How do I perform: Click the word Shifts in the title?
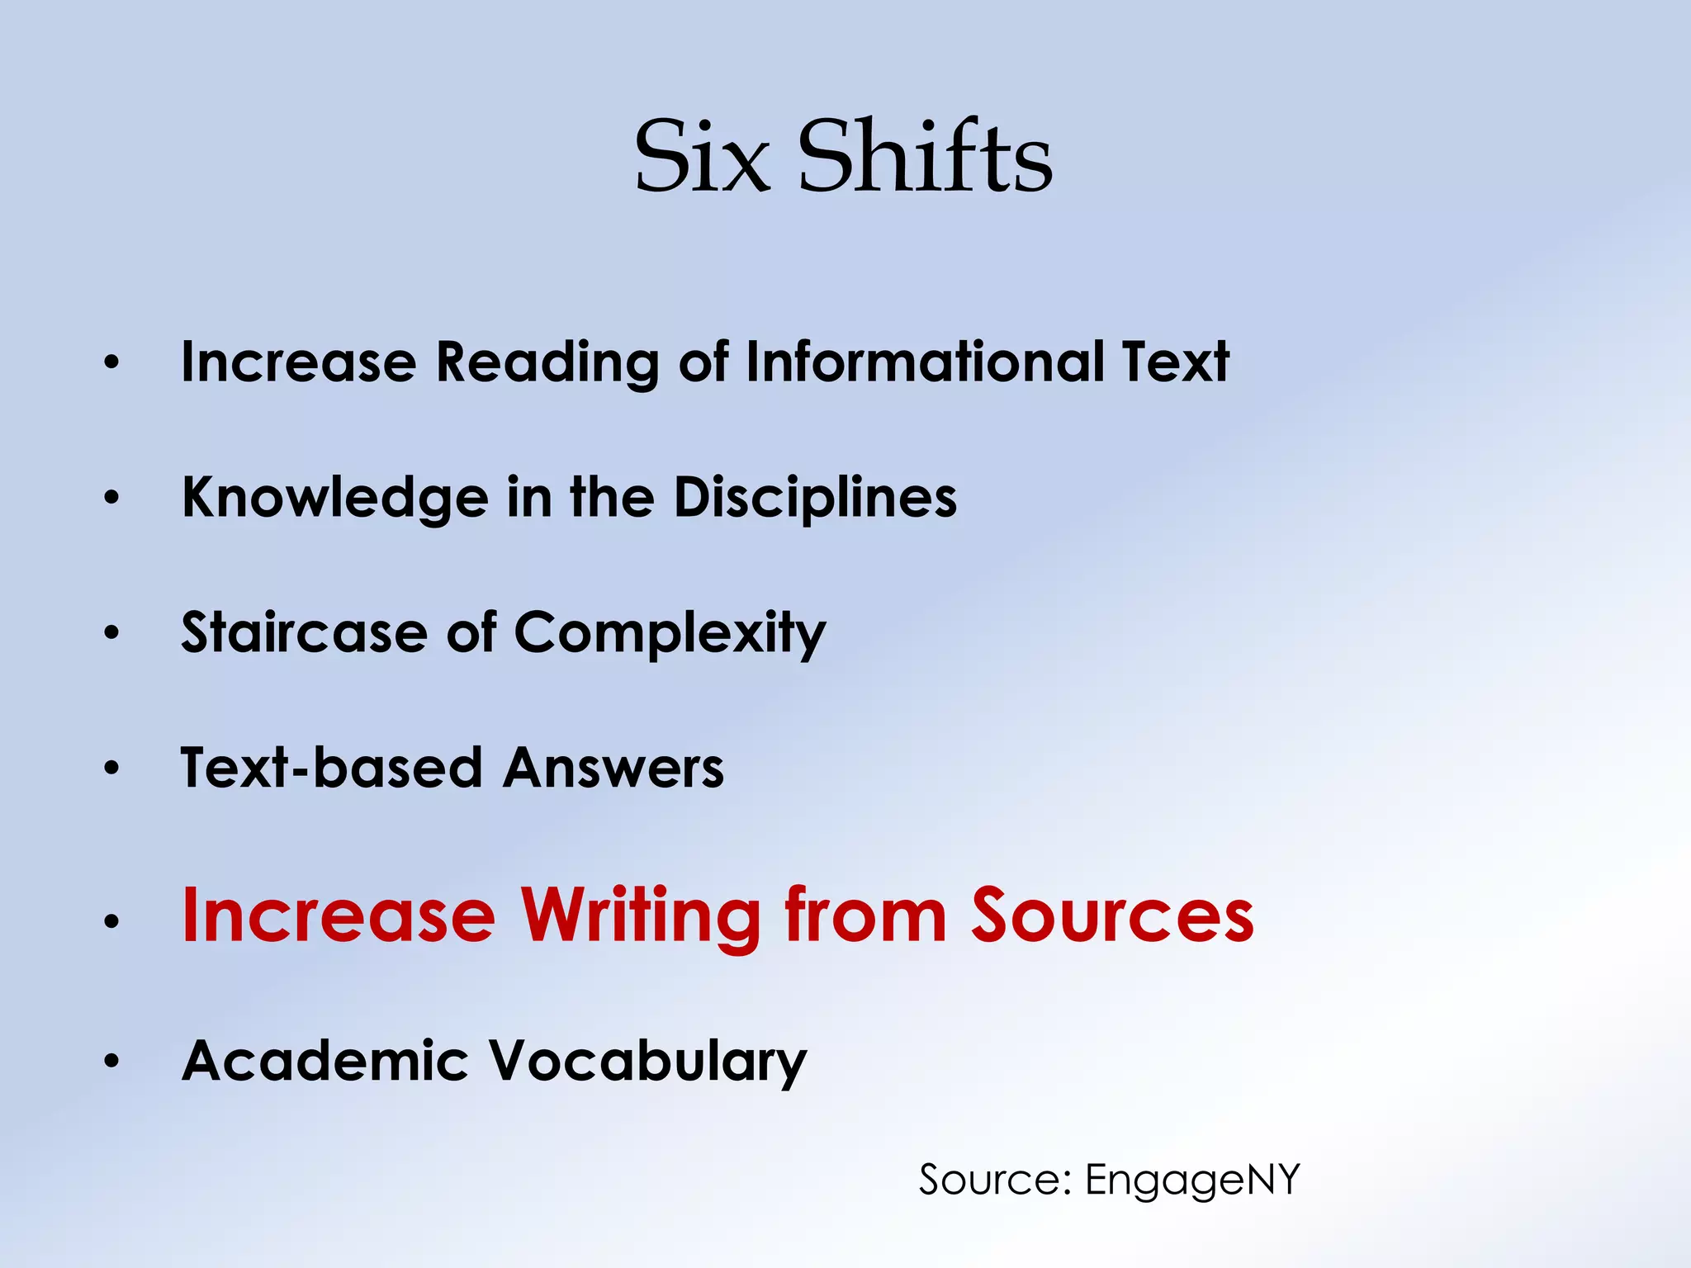coord(925,156)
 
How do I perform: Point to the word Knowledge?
coord(334,498)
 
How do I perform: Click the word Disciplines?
coord(815,497)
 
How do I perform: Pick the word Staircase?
coord(304,632)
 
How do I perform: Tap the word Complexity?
coord(670,634)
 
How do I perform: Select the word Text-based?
coord(330,768)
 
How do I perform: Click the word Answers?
coord(613,768)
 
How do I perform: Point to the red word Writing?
coord(640,916)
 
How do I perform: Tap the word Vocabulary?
coord(647,1062)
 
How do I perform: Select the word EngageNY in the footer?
coord(1192,1180)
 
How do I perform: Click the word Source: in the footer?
coord(995,1180)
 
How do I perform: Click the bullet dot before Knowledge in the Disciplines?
coord(111,498)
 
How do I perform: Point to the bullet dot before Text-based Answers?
coord(111,769)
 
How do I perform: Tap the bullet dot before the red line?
coord(111,920)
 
